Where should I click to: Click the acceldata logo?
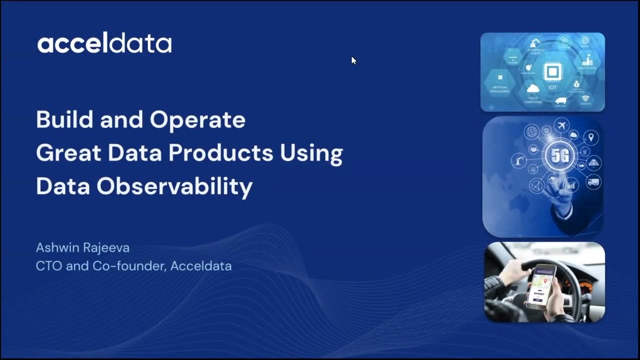(104, 44)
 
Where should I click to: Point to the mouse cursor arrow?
(353, 60)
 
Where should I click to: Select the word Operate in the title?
(197, 120)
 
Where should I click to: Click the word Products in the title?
(221, 153)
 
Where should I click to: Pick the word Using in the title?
(311, 153)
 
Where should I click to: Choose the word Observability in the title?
(174, 186)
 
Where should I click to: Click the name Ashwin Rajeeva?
(82, 247)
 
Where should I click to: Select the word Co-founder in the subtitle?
(129, 266)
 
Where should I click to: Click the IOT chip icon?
(552, 72)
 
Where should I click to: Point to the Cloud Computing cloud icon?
(533, 89)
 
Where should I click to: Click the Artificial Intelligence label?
(500, 89)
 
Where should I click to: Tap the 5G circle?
(559, 156)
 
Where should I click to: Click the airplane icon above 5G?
(562, 125)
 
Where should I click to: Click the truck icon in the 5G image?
(593, 182)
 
